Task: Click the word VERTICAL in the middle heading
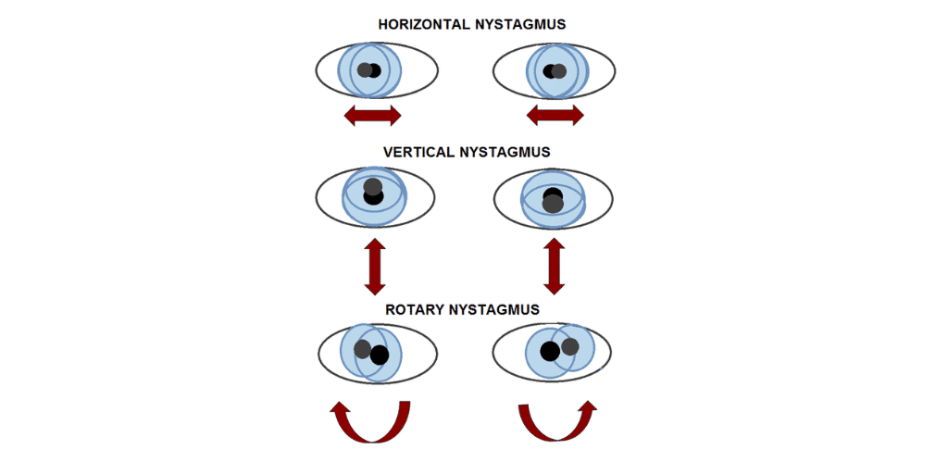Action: (x=418, y=153)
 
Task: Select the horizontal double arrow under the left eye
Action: (x=372, y=116)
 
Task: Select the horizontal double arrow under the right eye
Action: (x=555, y=116)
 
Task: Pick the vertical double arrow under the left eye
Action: (x=374, y=267)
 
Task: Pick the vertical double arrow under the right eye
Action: (x=555, y=267)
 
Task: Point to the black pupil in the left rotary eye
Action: (x=380, y=355)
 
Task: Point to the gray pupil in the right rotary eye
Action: (x=569, y=346)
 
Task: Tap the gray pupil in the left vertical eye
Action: (x=373, y=185)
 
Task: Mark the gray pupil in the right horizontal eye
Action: (x=559, y=71)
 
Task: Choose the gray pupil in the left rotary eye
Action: (x=362, y=349)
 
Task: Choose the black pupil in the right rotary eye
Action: (x=549, y=351)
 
